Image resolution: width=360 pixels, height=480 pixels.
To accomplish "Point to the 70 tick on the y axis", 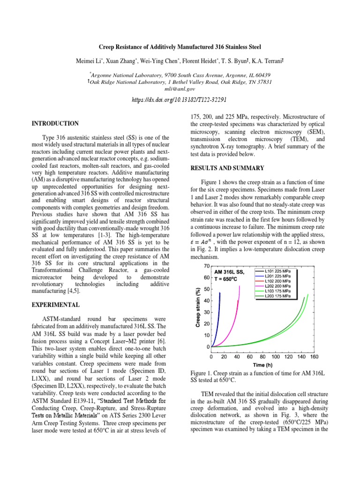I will [x=206, y=266].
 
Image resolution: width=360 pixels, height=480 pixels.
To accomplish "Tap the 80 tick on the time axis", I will [x=262, y=357].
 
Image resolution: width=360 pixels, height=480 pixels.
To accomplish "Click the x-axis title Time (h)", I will [x=262, y=365].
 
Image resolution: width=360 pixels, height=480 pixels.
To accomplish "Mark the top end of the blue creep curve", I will [x=219, y=293].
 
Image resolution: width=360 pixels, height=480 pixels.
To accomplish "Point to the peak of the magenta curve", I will [x=239, y=286].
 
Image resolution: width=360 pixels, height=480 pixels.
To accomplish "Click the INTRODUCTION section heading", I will [x=55, y=123].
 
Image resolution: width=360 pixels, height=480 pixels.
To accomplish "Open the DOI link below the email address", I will [x=180, y=100].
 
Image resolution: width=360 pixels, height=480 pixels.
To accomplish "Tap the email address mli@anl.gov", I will [x=180, y=89].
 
